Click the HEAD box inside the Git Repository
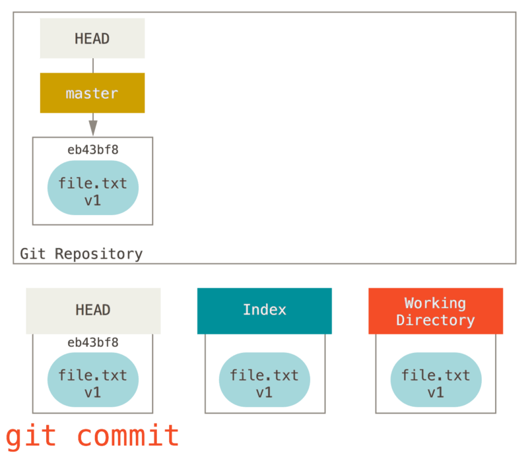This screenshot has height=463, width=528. coord(92,38)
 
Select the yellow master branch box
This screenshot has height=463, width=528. coord(92,93)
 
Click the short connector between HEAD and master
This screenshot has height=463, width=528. coord(92,65)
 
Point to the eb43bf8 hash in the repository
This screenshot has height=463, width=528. coord(92,150)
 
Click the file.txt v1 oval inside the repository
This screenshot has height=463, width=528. coord(92,188)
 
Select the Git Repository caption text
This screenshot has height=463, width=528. coord(81,254)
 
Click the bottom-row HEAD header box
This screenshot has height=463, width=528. coord(93,310)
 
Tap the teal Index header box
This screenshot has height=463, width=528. coord(264,310)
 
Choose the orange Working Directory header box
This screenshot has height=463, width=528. coord(435,311)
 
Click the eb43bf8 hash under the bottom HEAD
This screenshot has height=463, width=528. coord(92,342)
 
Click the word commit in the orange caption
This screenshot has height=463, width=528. coord(127,436)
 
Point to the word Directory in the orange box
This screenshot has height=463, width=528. coord(435,321)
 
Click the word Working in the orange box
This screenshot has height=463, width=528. coord(435,303)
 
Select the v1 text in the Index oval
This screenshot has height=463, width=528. coord(264,392)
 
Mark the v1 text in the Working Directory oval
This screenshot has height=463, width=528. coord(436,392)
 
